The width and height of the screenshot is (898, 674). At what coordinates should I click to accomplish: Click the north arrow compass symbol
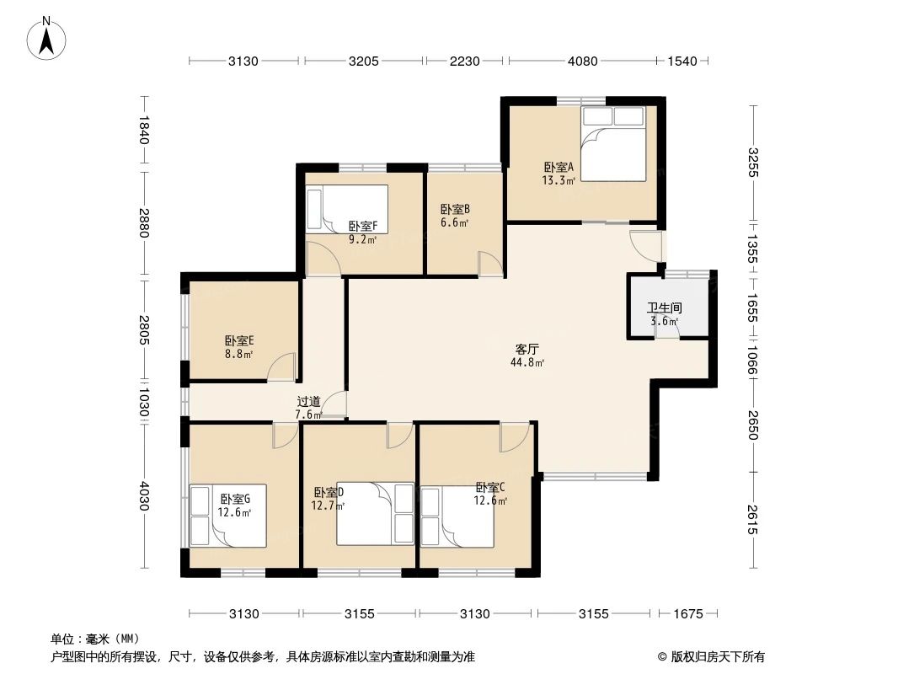click(x=46, y=39)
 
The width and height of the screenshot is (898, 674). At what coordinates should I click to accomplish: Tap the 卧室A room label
click(x=559, y=167)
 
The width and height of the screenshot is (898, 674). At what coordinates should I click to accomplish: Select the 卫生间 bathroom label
click(x=665, y=308)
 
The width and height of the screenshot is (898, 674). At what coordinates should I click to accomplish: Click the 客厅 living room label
click(x=527, y=350)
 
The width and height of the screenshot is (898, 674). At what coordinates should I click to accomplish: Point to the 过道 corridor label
click(x=308, y=402)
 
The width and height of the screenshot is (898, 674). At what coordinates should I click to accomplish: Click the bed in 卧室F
click(x=347, y=209)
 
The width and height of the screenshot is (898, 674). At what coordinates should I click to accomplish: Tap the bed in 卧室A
click(x=613, y=144)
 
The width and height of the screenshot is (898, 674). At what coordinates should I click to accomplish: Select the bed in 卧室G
click(x=228, y=516)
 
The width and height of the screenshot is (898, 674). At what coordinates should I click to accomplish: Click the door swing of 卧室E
click(x=281, y=367)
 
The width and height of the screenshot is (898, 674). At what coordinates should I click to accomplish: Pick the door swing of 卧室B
click(x=490, y=264)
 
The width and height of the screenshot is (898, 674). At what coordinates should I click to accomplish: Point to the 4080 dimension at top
click(x=582, y=61)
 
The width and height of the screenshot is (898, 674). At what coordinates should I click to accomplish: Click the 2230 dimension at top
click(x=464, y=61)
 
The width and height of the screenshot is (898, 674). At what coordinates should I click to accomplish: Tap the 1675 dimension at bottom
click(x=687, y=614)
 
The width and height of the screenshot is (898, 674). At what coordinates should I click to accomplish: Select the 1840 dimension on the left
click(x=143, y=130)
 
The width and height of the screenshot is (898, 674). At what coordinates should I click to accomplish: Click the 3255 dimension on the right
click(x=753, y=163)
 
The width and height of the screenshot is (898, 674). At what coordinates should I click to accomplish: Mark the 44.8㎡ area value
click(x=527, y=362)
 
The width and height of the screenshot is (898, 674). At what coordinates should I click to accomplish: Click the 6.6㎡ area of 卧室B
click(x=455, y=222)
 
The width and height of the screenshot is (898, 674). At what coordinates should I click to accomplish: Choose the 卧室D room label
click(x=329, y=493)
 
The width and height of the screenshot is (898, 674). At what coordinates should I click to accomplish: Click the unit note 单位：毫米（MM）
click(x=95, y=639)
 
